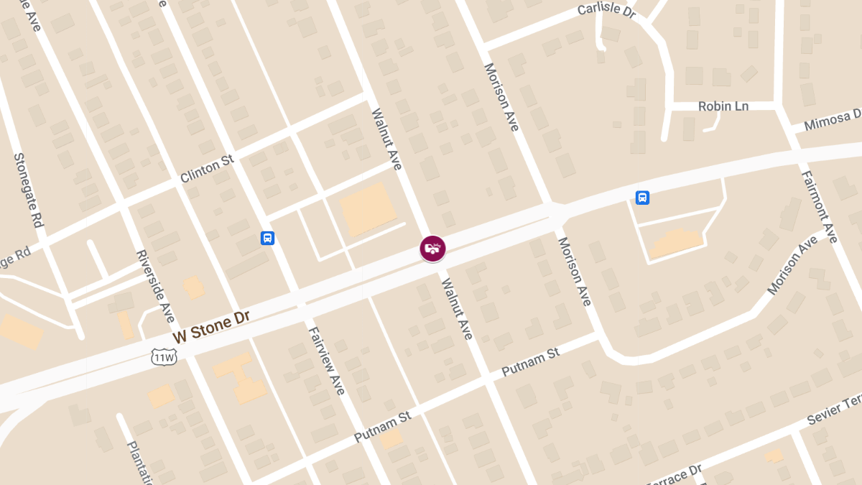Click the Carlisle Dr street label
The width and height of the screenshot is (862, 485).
click(608, 11)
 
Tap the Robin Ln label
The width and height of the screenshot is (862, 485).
click(723, 106)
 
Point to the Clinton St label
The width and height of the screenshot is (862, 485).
click(207, 168)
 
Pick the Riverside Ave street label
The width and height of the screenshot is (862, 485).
click(155, 286)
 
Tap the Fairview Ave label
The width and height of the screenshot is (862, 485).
click(327, 361)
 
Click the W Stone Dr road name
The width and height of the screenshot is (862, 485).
click(211, 326)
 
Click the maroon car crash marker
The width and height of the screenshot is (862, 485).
click(432, 249)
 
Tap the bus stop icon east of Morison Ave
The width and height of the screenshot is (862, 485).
click(642, 197)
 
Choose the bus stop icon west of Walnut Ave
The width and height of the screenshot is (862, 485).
click(267, 238)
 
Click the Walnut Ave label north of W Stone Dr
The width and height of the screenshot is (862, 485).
click(386, 139)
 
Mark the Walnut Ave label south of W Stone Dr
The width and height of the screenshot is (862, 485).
click(456, 309)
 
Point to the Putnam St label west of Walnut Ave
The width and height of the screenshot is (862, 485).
click(382, 427)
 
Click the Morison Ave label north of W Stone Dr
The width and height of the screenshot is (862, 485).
click(501, 97)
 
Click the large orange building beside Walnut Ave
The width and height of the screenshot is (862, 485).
click(368, 209)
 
